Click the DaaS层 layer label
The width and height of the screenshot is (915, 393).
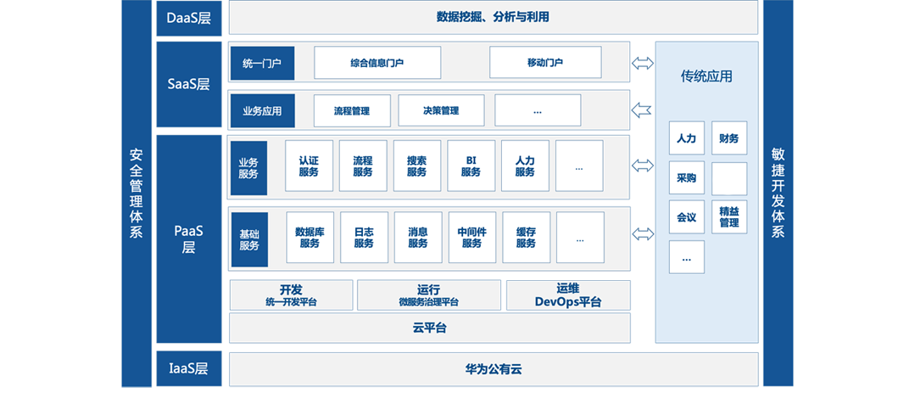point(188,18)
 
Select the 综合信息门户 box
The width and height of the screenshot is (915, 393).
point(377,63)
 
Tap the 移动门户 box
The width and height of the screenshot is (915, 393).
point(545,63)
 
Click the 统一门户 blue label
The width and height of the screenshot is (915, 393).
point(261,63)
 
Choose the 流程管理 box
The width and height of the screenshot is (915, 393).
point(352,110)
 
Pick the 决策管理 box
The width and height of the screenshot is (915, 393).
point(441,110)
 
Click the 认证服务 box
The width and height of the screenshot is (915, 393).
point(309,166)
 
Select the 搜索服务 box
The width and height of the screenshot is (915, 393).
point(416,166)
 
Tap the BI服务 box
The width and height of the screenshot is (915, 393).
point(471,166)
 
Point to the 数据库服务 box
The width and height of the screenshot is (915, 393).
point(310,238)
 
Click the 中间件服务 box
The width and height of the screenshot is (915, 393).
point(471,238)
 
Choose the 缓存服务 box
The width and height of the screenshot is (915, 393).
point(526,238)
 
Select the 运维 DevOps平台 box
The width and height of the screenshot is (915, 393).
point(568,295)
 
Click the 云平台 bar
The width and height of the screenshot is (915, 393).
point(430,328)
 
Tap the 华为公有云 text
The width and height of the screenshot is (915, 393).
point(493,369)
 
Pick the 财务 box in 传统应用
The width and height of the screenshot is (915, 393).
point(728,138)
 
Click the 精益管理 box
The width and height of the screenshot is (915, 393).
point(728,217)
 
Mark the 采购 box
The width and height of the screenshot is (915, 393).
point(686,178)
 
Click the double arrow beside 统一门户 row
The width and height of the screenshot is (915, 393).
point(643,63)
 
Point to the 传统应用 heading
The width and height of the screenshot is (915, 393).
point(706,76)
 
